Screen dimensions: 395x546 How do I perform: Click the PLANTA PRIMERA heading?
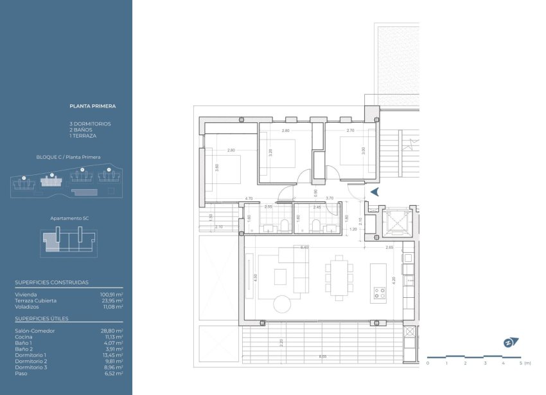pos(92,106)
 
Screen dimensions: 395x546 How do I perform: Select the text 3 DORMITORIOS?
pos(90,124)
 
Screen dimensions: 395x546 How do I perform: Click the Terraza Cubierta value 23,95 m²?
pos(113,300)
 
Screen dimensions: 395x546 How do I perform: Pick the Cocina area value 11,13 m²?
pos(114,336)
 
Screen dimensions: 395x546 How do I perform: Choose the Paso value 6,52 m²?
pos(114,373)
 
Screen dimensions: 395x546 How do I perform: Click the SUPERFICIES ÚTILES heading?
pos(42,318)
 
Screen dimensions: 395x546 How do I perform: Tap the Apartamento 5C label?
pos(69,219)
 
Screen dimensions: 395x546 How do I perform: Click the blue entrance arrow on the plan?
pos(375,191)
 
